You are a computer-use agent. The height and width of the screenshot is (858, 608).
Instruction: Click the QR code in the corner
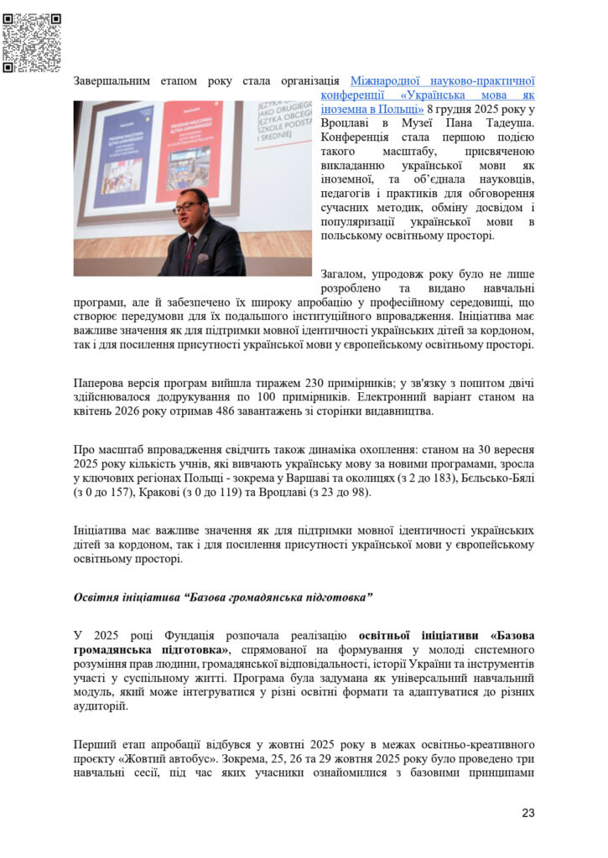click(32, 42)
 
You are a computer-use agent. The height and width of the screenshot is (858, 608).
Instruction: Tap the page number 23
click(527, 812)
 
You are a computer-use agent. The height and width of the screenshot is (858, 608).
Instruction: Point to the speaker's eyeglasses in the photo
click(187, 206)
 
